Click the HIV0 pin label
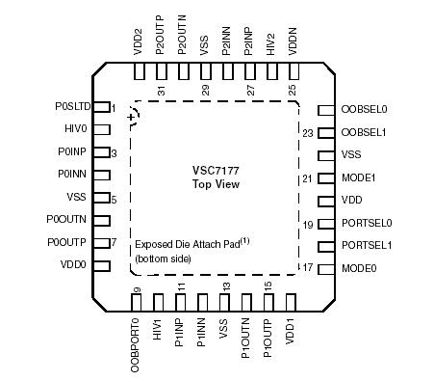(76, 129)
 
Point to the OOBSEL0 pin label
(365, 110)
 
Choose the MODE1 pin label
(359, 177)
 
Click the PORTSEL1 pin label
(367, 245)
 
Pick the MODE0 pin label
(359, 268)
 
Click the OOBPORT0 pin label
(136, 341)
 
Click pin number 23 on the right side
(308, 133)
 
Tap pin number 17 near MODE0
(308, 268)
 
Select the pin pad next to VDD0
(101, 264)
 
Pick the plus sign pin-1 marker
(131, 118)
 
